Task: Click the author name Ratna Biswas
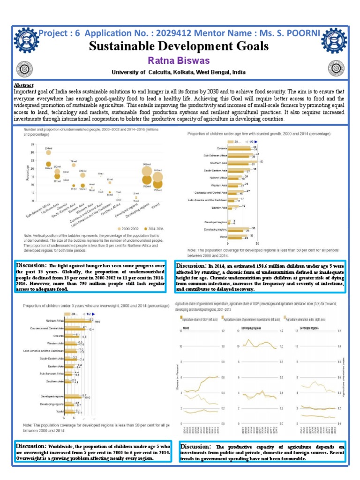[179, 61]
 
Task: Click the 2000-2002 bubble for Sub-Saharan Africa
[48, 153]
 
